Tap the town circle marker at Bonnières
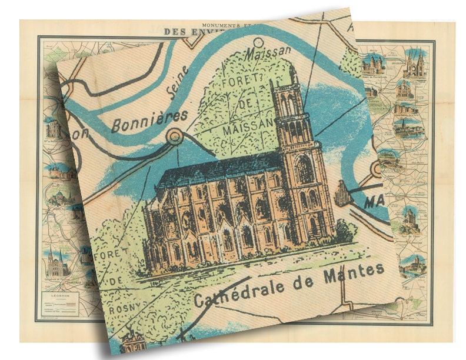point(174,138)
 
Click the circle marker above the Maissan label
point(258,42)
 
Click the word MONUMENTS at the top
point(221,25)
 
